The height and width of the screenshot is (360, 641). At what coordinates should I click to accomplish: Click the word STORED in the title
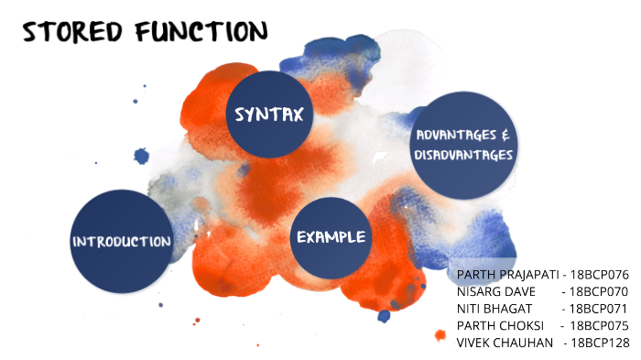pyautogui.click(x=74, y=33)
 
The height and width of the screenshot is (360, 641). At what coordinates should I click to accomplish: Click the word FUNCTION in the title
pyautogui.click(x=200, y=32)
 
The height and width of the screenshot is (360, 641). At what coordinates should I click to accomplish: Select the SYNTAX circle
pyautogui.click(x=269, y=115)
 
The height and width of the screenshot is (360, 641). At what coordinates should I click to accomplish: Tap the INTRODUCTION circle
pyautogui.click(x=122, y=242)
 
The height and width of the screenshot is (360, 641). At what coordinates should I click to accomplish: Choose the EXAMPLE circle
pyautogui.click(x=331, y=237)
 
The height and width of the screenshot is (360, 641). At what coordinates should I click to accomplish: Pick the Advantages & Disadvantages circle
pyautogui.click(x=464, y=145)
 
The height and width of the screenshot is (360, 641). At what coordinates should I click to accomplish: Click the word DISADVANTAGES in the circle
pyautogui.click(x=464, y=155)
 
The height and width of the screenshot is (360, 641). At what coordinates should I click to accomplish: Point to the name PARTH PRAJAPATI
pyautogui.click(x=508, y=275)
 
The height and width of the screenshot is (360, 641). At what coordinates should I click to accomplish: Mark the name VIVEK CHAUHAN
pyautogui.click(x=505, y=343)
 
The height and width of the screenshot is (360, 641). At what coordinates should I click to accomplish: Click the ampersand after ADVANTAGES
pyautogui.click(x=506, y=135)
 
